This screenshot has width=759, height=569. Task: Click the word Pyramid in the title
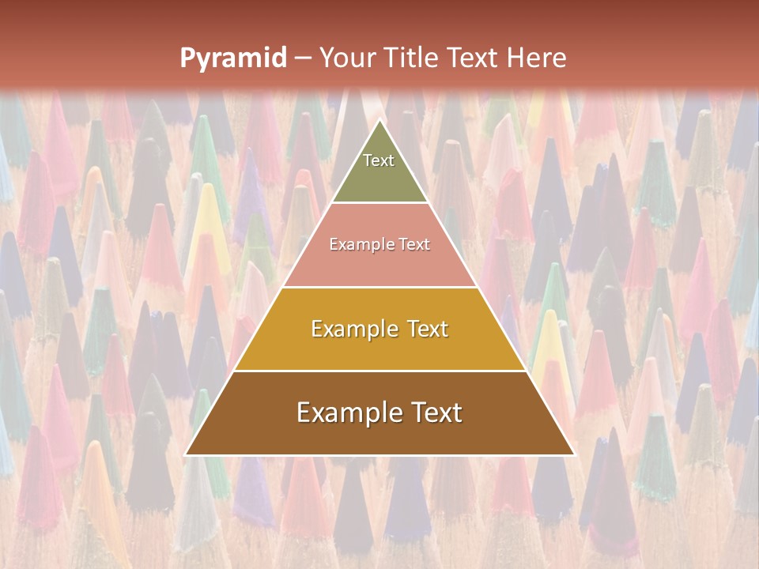point(233,58)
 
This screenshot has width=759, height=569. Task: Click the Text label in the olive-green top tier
point(379,160)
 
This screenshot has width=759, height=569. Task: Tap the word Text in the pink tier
point(413,245)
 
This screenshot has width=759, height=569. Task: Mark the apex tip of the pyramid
point(379,120)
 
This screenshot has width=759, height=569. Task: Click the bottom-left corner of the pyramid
point(186,454)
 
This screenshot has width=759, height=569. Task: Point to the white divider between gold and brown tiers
point(379,371)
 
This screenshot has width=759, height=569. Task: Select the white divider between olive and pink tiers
point(379,203)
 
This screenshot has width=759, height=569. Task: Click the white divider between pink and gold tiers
point(379,287)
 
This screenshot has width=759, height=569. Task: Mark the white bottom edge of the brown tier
point(379,455)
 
